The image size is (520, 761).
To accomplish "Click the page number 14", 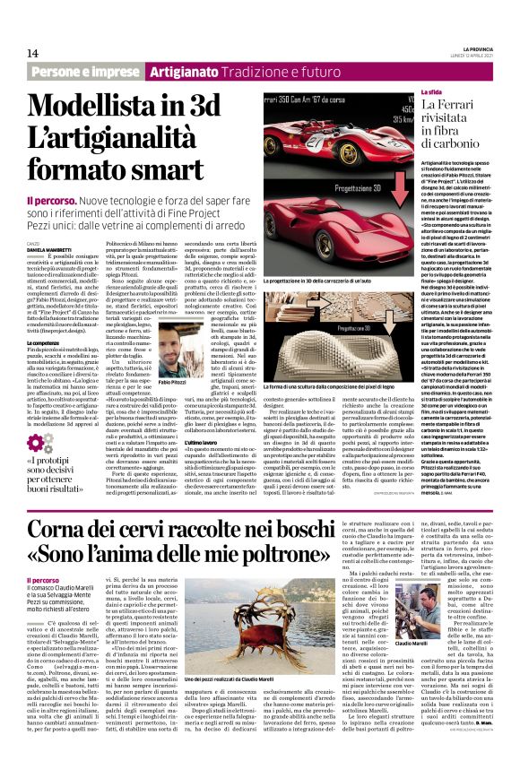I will [x=33, y=53].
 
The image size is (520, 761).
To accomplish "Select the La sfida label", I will [x=430, y=93].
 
